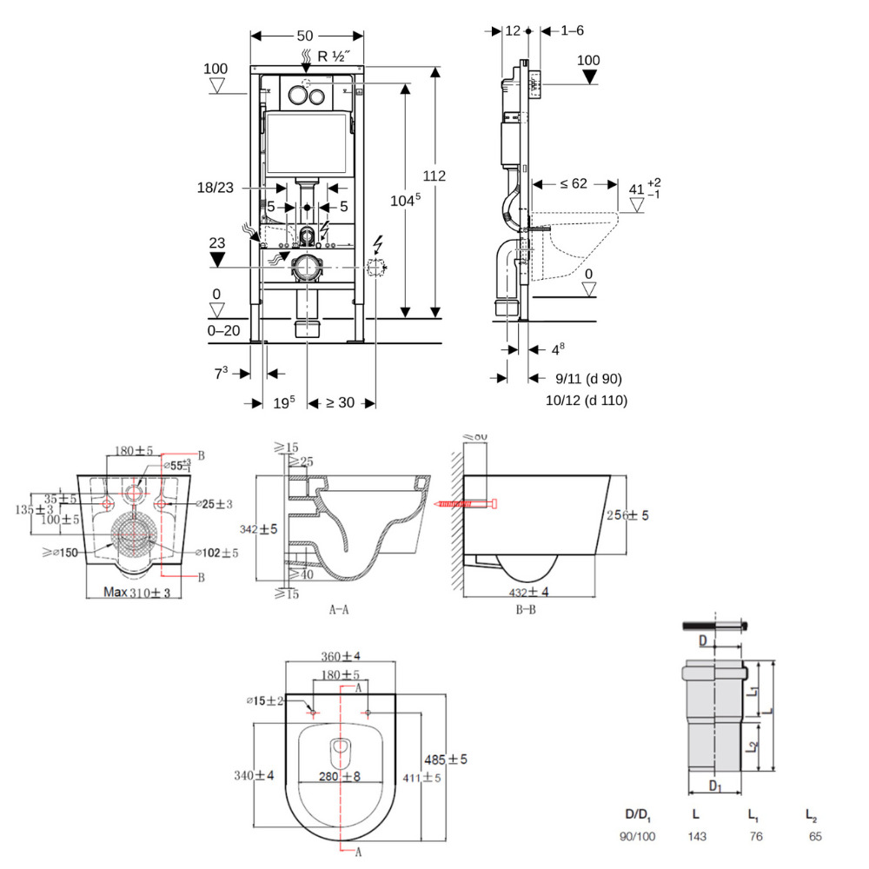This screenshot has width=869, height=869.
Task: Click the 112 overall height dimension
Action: tap(434, 176)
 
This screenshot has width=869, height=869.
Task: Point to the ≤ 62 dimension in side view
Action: tap(573, 183)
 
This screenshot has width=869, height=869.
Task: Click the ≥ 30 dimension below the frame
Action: tap(342, 403)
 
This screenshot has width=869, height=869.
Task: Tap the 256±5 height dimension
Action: tap(627, 515)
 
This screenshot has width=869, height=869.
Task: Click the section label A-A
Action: tap(339, 610)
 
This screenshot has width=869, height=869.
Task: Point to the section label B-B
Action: tap(526, 610)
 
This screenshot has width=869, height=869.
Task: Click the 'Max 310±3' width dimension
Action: tap(137, 593)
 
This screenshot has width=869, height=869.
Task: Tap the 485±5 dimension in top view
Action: tap(446, 760)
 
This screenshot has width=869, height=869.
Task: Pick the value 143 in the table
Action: tap(696, 837)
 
